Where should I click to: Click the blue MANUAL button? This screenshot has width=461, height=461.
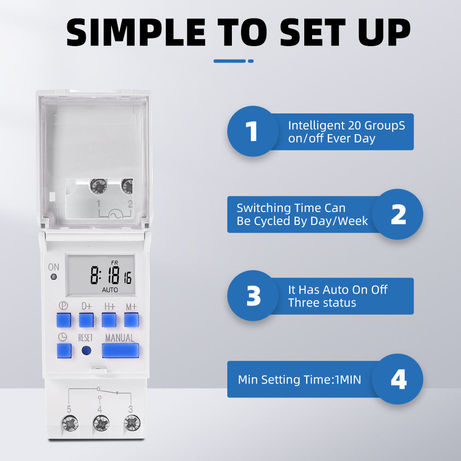point(120,351)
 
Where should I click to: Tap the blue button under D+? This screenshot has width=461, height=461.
point(86,319)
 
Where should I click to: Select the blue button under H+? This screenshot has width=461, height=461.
point(109,319)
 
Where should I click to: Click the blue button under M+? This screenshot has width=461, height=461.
point(131,319)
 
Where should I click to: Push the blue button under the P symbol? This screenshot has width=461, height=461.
point(64,319)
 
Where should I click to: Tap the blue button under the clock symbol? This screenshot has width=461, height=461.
point(64,351)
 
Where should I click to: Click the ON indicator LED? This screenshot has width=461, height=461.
point(53,278)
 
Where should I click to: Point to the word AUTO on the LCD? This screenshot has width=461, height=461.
point(110,290)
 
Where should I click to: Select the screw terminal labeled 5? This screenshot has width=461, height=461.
point(70,422)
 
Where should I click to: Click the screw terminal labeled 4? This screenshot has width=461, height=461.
point(101,422)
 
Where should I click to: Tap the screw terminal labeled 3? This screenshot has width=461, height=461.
point(132,422)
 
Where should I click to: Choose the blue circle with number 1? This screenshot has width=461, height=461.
point(252,131)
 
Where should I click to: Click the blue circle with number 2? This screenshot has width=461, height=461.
point(397,214)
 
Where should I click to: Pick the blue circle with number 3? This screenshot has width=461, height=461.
point(253,296)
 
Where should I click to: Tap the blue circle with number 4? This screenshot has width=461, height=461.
point(397,379)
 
